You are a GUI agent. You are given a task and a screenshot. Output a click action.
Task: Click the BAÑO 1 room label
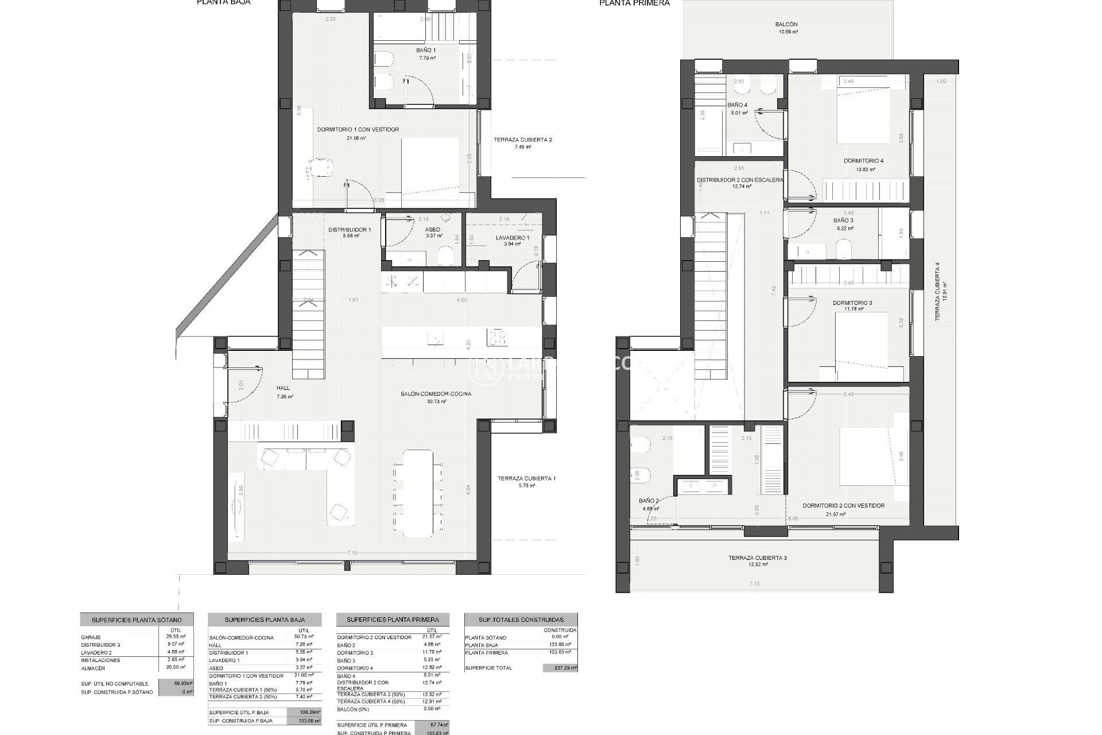pyautogui.click(x=426, y=51)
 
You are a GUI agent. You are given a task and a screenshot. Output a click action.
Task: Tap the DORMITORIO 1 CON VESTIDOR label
pyautogui.click(x=358, y=130)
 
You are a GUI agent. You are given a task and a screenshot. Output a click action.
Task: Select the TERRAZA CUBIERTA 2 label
pyautogui.click(x=522, y=140)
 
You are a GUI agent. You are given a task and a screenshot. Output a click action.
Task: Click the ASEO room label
pyautogui.click(x=432, y=230)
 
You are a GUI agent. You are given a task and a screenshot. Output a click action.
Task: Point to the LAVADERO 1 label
pyautogui.click(x=512, y=238)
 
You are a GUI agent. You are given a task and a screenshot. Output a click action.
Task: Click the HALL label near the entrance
pyautogui.click(x=283, y=389)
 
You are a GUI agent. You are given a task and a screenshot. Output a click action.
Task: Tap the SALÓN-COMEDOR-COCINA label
pyautogui.click(x=436, y=394)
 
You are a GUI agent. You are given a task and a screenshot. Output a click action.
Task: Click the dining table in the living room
pyautogui.click(x=418, y=493)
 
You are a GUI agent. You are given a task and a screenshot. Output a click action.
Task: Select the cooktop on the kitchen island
pyautogui.click(x=497, y=337)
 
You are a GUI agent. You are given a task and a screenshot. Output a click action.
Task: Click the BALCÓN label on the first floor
pyautogui.click(x=786, y=25)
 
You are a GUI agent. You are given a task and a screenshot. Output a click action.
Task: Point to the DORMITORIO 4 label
pyautogui.click(x=863, y=161)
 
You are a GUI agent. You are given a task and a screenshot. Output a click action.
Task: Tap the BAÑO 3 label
pyautogui.click(x=843, y=220)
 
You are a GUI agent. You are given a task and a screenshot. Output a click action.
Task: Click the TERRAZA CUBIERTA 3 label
pyautogui.click(x=758, y=558)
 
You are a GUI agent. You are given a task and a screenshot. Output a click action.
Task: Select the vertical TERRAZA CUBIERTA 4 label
pyautogui.click(x=938, y=291)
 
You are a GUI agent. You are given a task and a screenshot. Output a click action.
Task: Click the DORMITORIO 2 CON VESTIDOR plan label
pyautogui.click(x=843, y=506)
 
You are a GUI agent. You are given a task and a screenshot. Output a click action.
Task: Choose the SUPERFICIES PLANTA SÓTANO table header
pyautogui.click(x=137, y=620)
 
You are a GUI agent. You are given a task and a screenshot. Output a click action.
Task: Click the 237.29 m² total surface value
pyautogui.click(x=560, y=668)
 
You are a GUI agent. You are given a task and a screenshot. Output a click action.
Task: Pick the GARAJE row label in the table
pyautogui.click(x=91, y=637)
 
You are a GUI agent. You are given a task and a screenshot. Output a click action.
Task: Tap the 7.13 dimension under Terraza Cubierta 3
pyautogui.click(x=754, y=584)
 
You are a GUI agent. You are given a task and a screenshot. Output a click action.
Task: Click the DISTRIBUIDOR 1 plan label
pyautogui.click(x=349, y=230)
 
